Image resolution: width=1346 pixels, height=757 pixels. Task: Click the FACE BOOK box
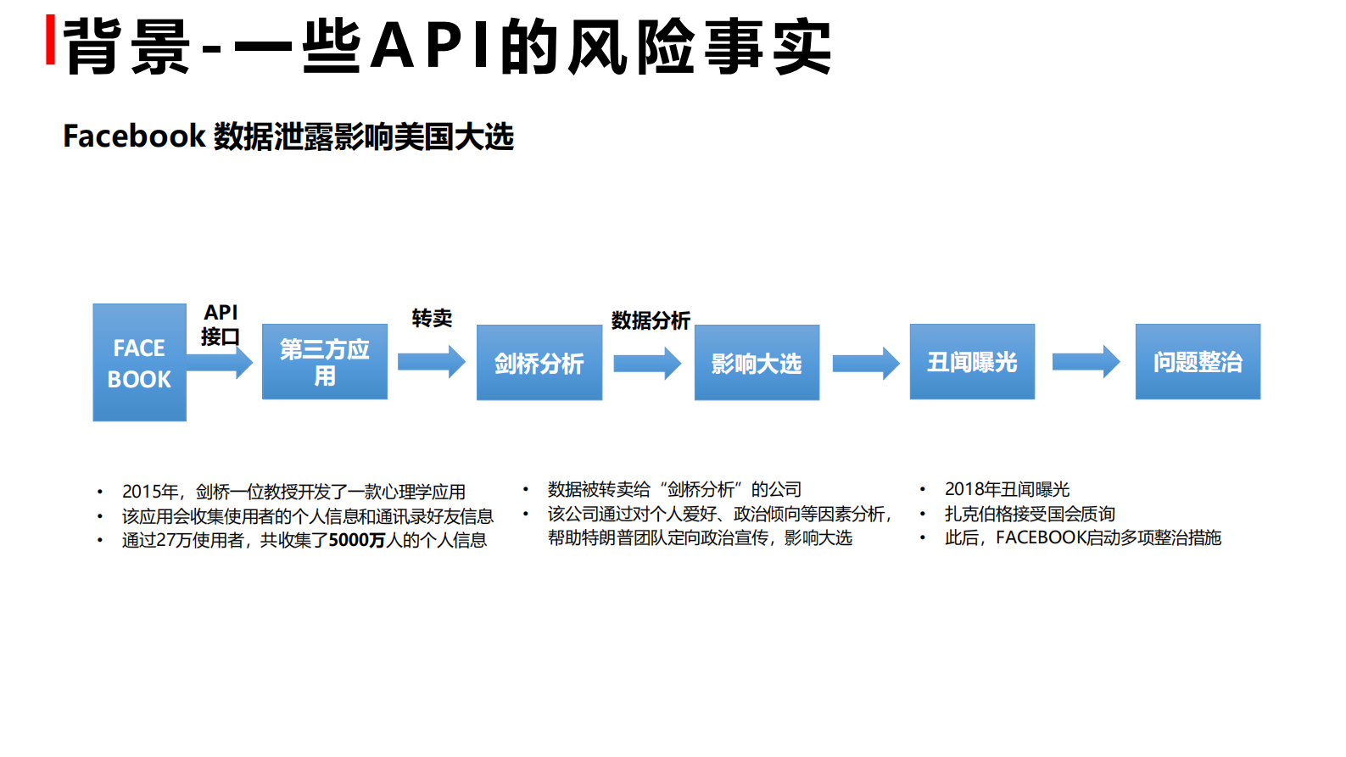pyautogui.click(x=139, y=363)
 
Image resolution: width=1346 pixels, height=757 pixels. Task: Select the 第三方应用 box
pyautogui.click(x=324, y=362)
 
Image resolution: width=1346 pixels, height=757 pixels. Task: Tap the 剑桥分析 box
pyautogui.click(x=539, y=363)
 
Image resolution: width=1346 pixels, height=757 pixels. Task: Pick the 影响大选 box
pyautogui.click(x=757, y=363)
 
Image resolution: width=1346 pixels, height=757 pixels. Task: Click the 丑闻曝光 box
pyautogui.click(x=972, y=362)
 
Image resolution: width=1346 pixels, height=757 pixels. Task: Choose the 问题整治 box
pyautogui.click(x=1198, y=362)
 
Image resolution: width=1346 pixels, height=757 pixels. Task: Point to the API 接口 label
pyautogui.click(x=221, y=325)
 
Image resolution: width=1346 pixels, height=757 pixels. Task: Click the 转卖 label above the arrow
pyautogui.click(x=432, y=318)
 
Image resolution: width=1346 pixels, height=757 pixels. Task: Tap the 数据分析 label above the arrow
pyautogui.click(x=651, y=320)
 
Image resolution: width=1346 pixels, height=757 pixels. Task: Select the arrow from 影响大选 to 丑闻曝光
pyautogui.click(x=865, y=364)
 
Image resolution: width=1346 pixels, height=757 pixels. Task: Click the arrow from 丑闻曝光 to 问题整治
pyautogui.click(x=1086, y=362)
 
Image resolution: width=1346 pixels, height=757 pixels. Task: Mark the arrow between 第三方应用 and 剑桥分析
pyautogui.click(x=432, y=362)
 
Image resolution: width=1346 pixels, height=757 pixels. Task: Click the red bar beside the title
pyautogui.click(x=51, y=39)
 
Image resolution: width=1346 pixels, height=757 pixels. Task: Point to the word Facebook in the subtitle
pyautogui.click(x=134, y=136)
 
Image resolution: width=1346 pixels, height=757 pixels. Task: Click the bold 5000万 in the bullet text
pyautogui.click(x=356, y=540)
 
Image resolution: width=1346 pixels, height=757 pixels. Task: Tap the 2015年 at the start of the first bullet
pyautogui.click(x=150, y=492)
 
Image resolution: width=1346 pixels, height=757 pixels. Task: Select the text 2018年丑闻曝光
pyautogui.click(x=1007, y=489)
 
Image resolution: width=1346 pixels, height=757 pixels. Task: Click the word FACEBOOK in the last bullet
pyautogui.click(x=1041, y=537)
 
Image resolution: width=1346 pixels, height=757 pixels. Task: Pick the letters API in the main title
pyautogui.click(x=431, y=46)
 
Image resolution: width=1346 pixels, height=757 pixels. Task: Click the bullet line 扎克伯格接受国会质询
pyautogui.click(x=1030, y=514)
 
